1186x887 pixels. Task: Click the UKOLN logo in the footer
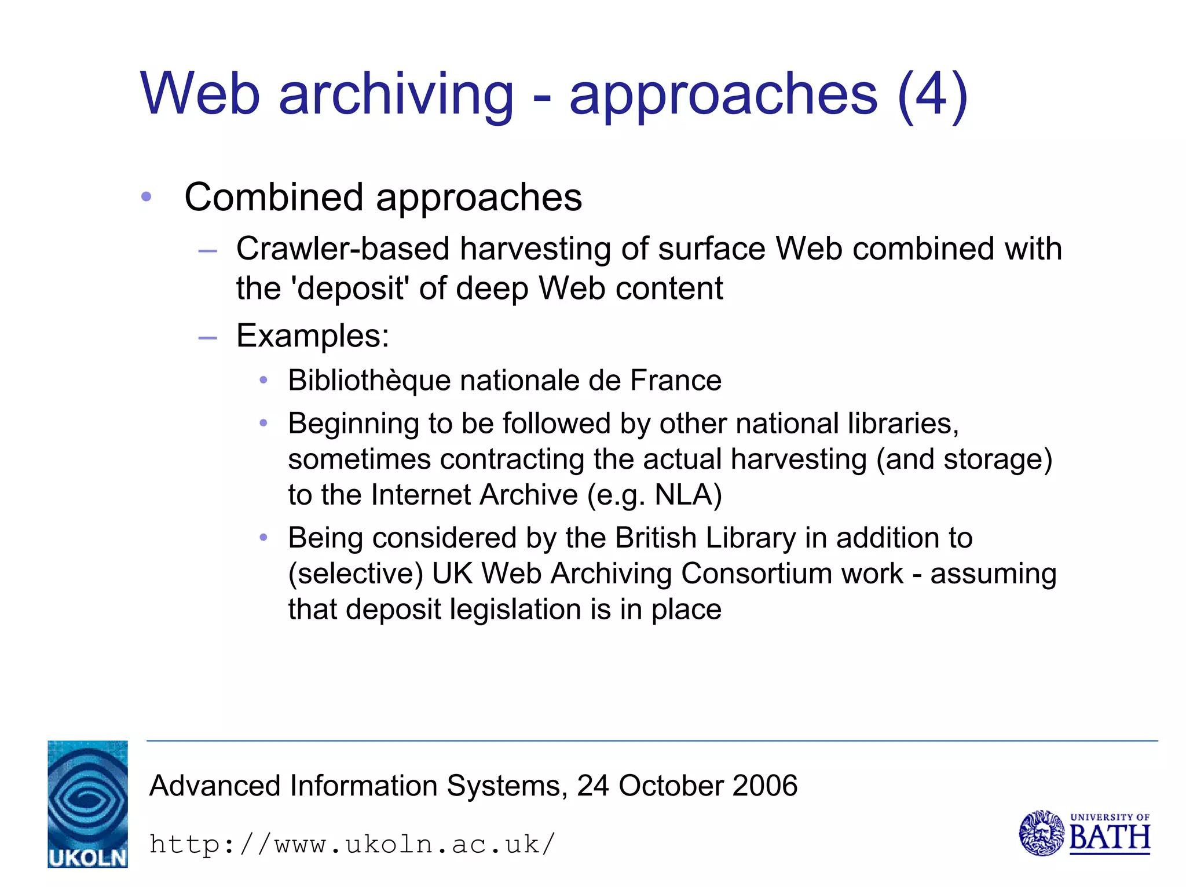coord(87,804)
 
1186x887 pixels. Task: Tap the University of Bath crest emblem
coord(1041,833)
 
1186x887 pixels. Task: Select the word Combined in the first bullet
coord(274,198)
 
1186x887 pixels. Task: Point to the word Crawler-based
coord(343,249)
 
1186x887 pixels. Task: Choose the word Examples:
coord(313,335)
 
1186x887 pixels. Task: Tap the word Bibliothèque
coord(369,381)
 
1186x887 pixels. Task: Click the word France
coord(676,381)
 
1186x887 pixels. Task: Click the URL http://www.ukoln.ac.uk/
coord(352,844)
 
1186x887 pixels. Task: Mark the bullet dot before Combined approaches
coord(146,197)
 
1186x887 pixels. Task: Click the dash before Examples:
coord(207,337)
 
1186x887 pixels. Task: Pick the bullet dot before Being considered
coord(263,538)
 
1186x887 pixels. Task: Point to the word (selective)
coord(356,574)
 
